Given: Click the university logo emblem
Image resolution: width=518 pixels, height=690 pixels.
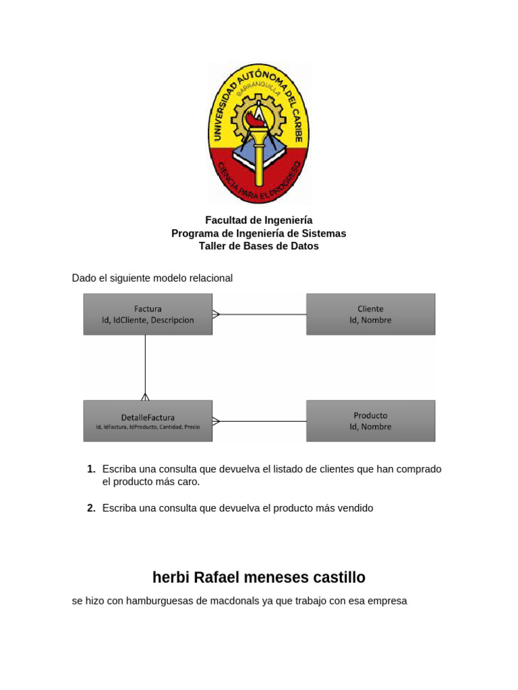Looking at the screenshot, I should click(x=259, y=133).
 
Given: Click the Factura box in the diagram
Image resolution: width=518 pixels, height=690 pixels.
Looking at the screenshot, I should click(x=148, y=314).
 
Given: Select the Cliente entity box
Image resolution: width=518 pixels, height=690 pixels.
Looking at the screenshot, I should click(x=370, y=314).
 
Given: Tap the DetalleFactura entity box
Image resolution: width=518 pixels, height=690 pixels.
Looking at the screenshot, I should click(x=148, y=421).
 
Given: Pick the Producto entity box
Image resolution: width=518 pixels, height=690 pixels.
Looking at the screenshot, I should click(x=370, y=421).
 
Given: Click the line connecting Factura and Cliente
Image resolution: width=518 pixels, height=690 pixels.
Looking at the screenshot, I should click(x=260, y=314).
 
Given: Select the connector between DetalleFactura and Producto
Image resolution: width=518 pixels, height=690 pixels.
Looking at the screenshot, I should click(x=260, y=421).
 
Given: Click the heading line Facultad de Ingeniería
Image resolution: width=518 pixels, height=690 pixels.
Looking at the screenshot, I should click(x=259, y=220).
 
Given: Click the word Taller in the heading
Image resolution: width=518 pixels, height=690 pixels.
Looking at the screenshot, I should click(x=213, y=246).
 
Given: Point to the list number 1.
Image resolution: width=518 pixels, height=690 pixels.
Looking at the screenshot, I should click(x=90, y=469).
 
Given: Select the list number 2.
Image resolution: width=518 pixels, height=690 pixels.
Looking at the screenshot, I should click(x=90, y=508).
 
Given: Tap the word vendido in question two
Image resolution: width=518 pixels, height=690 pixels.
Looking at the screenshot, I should click(x=355, y=508).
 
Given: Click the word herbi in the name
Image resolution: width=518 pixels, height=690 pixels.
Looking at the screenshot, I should click(x=171, y=577).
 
